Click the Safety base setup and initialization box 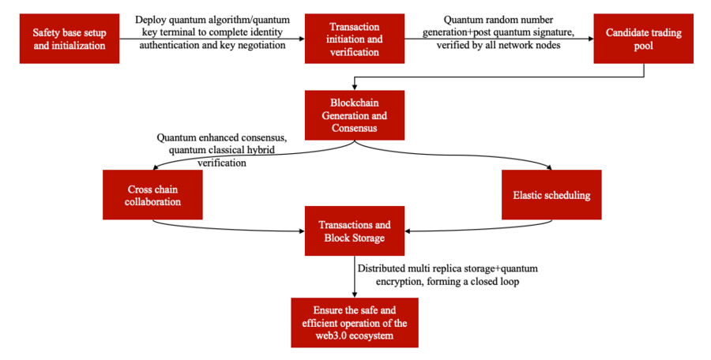pos(68,39)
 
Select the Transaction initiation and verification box pos(354,39)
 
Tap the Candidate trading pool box pos(644,39)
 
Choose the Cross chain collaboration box pos(152,195)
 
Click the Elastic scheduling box pos(551,194)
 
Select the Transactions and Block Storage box pos(354,231)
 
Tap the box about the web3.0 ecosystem pos(354,322)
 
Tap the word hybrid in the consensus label pos(265,150)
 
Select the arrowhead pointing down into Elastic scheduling pos(551,167)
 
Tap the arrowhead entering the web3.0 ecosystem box pos(354,294)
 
